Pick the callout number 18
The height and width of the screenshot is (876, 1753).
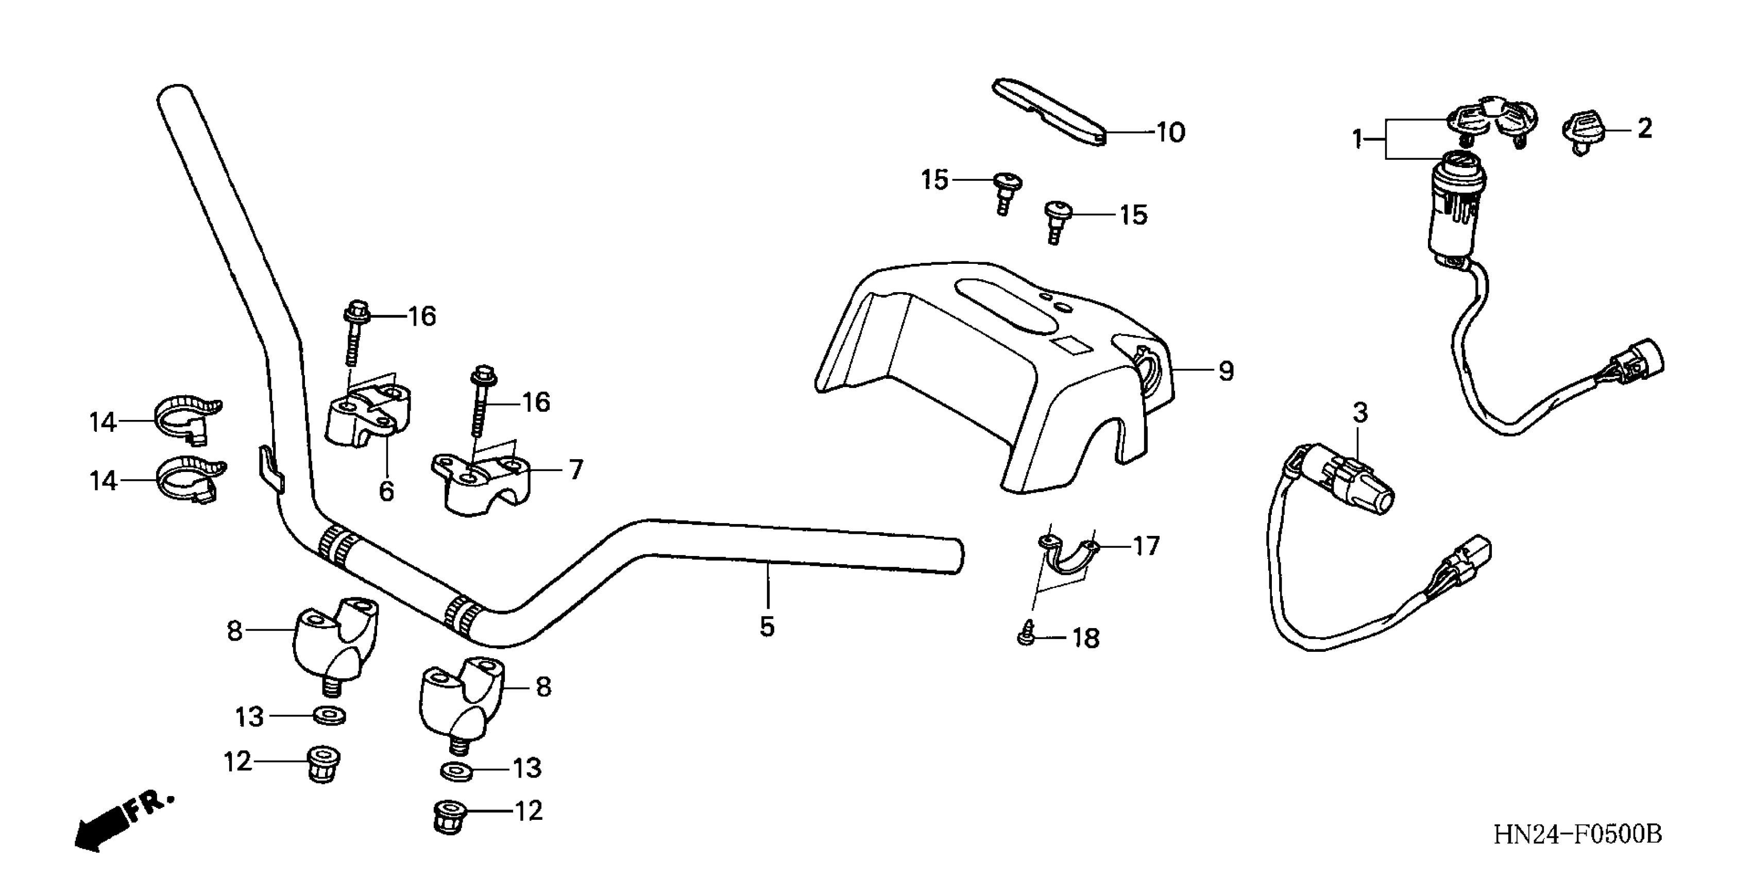1085,638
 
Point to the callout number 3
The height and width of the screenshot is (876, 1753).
1359,412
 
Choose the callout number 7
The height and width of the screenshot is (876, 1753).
576,469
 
